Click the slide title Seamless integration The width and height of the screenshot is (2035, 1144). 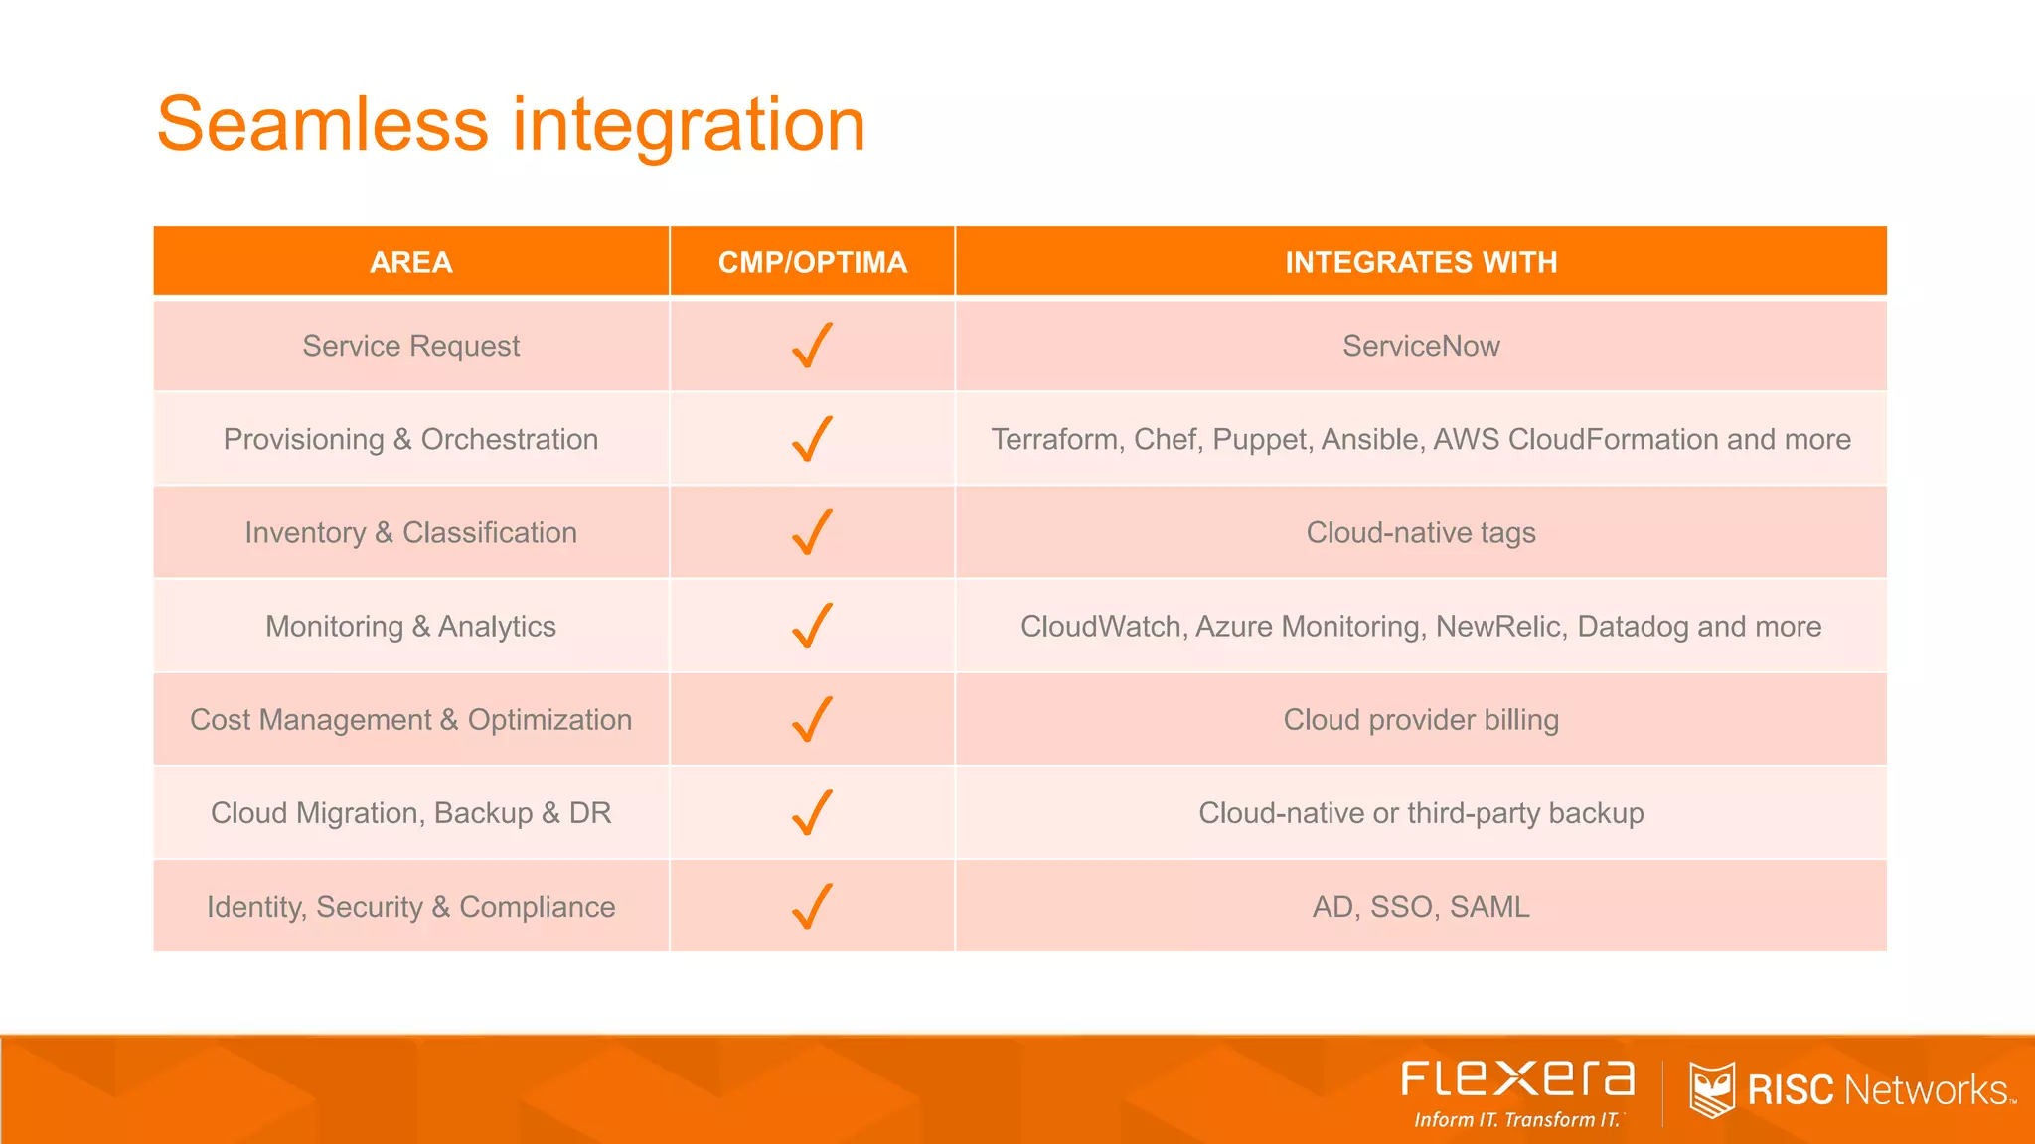click(511, 124)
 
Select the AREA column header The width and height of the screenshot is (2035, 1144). click(410, 262)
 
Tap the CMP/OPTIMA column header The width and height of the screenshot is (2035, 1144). click(812, 262)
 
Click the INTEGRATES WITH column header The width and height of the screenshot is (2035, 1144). click(1421, 262)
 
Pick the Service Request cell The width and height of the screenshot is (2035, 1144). click(410, 346)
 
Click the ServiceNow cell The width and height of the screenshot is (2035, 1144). click(1421, 346)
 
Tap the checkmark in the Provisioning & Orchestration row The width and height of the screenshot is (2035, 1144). click(812, 439)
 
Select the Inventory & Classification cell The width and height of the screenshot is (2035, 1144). click(410, 532)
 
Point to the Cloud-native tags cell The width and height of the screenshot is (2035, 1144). click(1421, 532)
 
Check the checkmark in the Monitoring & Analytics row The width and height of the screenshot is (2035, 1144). click(812, 626)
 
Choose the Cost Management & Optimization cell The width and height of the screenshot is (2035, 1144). click(410, 719)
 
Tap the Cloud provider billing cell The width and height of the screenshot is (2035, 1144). click(1421, 719)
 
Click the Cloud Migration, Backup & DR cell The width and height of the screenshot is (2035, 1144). click(410, 812)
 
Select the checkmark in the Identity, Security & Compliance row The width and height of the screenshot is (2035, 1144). click(812, 906)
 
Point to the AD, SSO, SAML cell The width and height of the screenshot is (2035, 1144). click(1421, 906)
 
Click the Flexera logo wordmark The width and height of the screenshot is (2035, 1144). click(1517, 1078)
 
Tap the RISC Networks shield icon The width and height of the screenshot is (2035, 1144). click(1711, 1089)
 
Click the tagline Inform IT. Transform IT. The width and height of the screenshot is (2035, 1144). click(1517, 1120)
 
